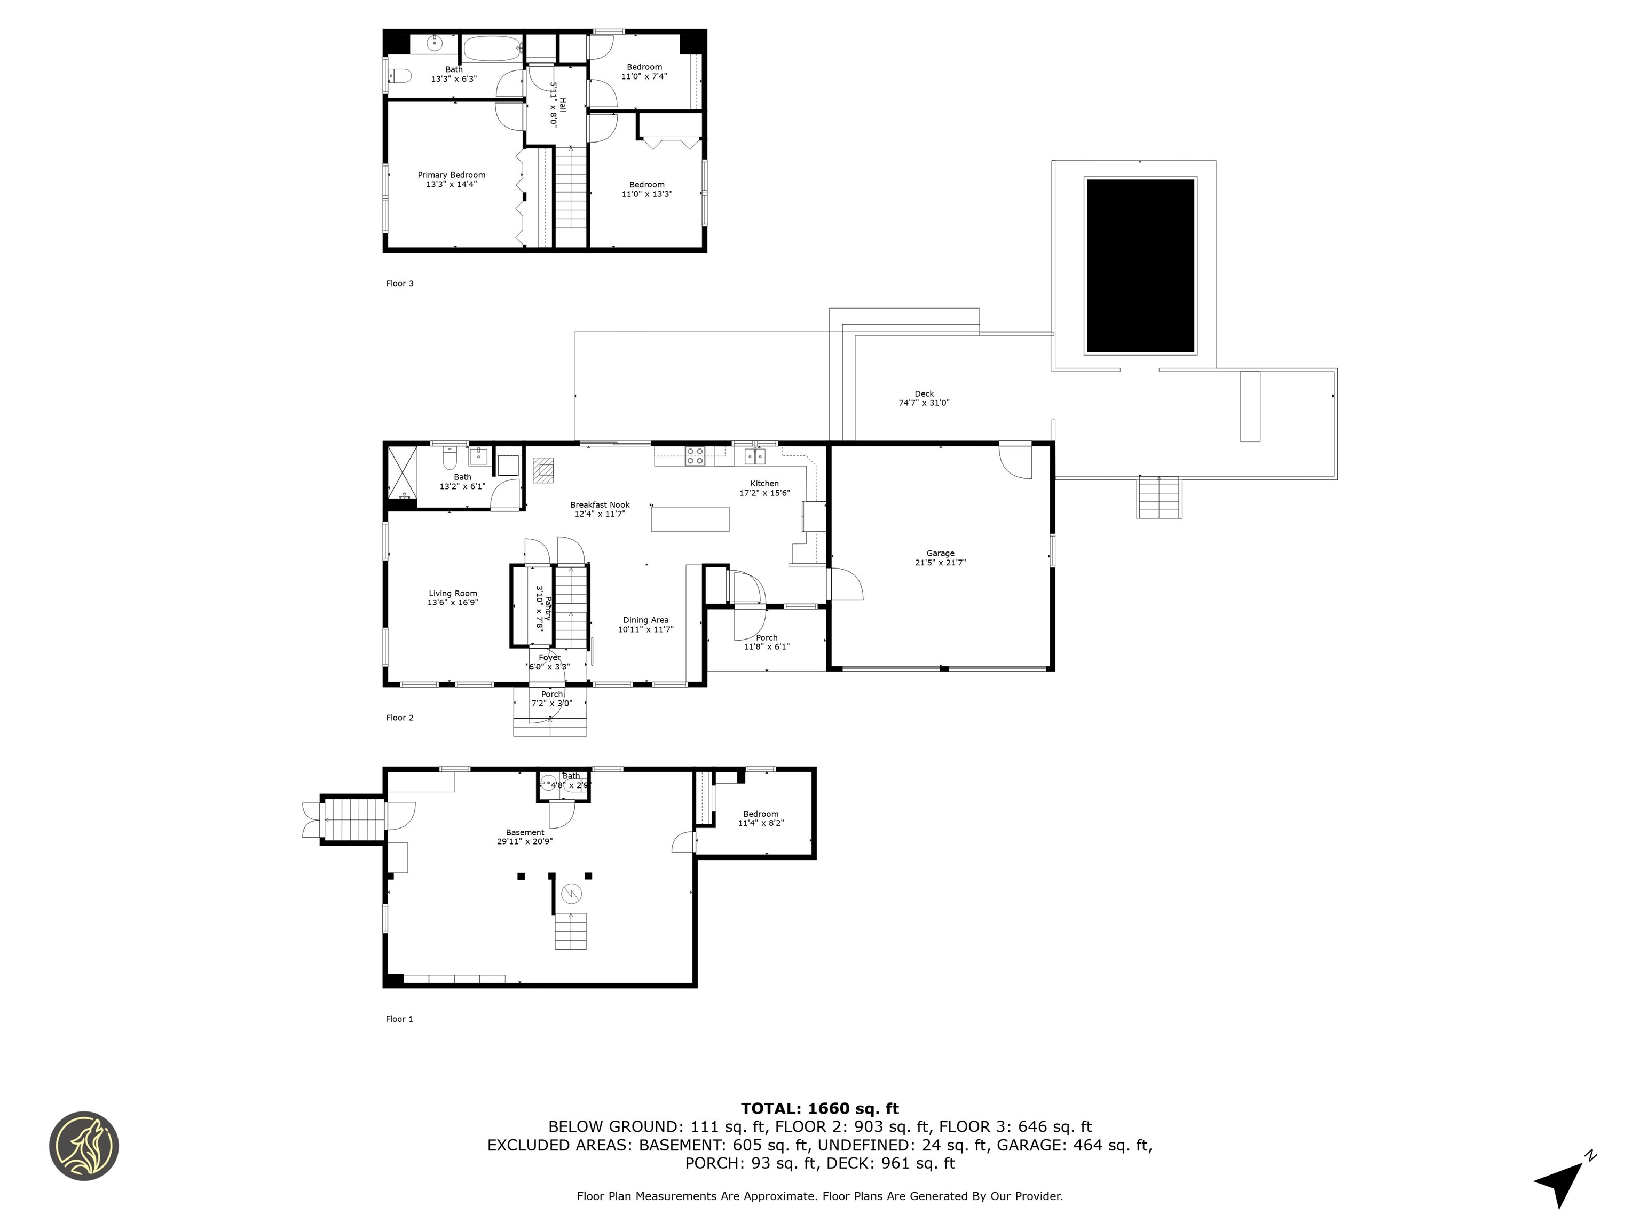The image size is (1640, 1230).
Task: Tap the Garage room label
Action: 940,553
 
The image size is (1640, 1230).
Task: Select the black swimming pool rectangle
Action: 1140,265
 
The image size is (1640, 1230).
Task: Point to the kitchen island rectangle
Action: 690,519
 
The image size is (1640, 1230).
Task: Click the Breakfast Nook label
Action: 600,505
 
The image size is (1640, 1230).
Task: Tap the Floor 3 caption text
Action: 400,283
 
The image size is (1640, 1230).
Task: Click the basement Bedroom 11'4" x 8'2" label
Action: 761,814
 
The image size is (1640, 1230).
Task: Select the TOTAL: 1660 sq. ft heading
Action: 819,1108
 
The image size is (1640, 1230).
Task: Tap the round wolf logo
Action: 84,1146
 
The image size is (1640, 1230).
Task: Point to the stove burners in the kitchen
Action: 695,455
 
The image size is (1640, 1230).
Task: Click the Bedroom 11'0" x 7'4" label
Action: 644,67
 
